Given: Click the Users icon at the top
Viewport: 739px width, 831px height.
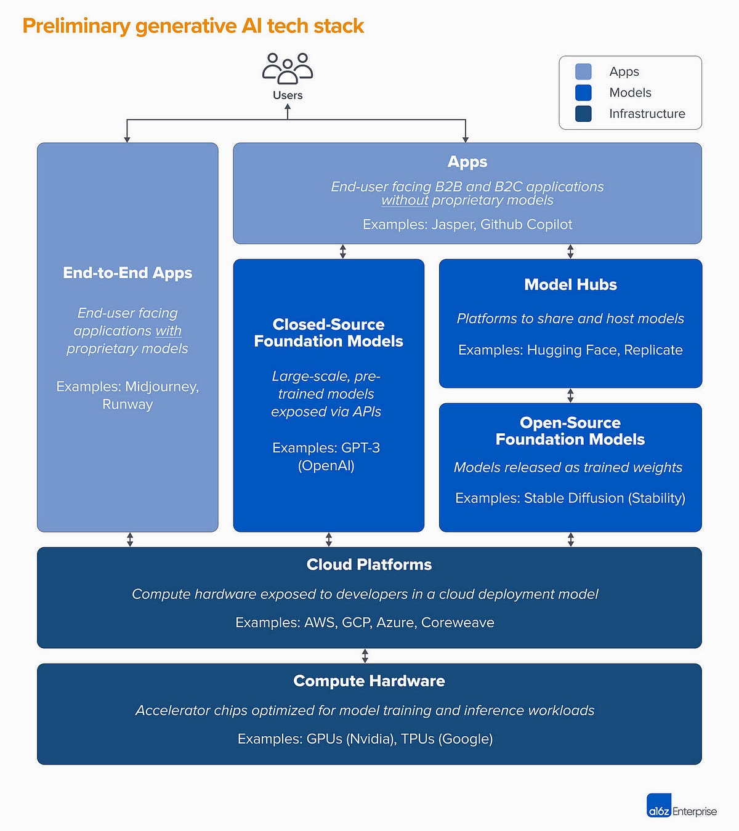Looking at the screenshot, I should (x=288, y=68).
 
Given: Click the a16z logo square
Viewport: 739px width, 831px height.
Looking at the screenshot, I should (x=659, y=806).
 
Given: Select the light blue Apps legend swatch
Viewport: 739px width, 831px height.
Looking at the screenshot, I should (x=583, y=71).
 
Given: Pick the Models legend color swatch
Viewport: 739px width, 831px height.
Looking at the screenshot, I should (x=583, y=92).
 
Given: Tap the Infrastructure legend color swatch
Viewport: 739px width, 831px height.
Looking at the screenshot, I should (x=583, y=113).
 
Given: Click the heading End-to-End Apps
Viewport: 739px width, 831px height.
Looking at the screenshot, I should (x=127, y=273).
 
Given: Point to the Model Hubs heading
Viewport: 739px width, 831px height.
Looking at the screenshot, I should (x=570, y=284).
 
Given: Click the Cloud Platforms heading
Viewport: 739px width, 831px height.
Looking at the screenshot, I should (x=369, y=564).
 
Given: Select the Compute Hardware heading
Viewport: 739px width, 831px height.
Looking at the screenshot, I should (x=369, y=681).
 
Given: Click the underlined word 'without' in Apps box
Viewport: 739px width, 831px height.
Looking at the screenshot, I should (x=405, y=201).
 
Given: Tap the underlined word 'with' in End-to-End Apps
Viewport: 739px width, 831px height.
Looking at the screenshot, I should (x=168, y=331).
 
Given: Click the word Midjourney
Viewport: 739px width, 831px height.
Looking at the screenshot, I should (x=161, y=387).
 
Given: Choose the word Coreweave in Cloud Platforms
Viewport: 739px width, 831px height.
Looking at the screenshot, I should (x=458, y=622).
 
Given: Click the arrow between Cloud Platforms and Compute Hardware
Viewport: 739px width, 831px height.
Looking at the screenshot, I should (x=365, y=656).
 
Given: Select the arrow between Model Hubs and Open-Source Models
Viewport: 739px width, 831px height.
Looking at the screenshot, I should (x=570, y=395).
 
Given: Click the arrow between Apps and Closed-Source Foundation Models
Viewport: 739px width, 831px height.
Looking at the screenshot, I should (x=343, y=251).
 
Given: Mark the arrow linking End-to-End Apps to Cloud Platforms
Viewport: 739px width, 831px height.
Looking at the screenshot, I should (x=130, y=539).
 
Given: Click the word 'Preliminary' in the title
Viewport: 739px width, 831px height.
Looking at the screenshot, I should (x=76, y=26).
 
